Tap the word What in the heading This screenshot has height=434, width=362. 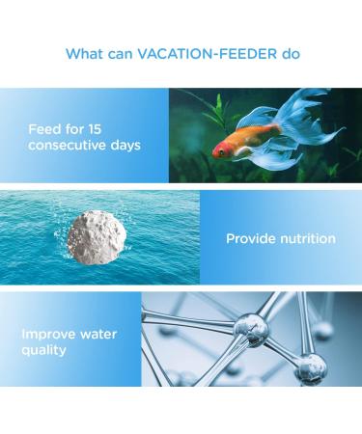84,53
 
